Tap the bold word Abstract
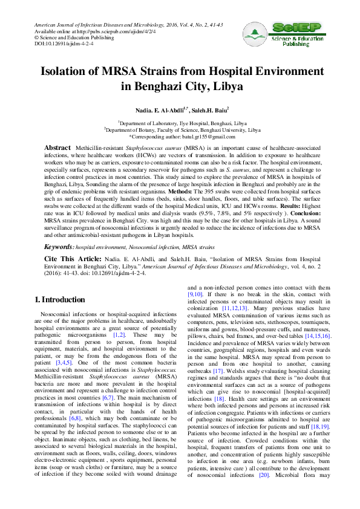[57, 148]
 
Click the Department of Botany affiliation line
[182, 129]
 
